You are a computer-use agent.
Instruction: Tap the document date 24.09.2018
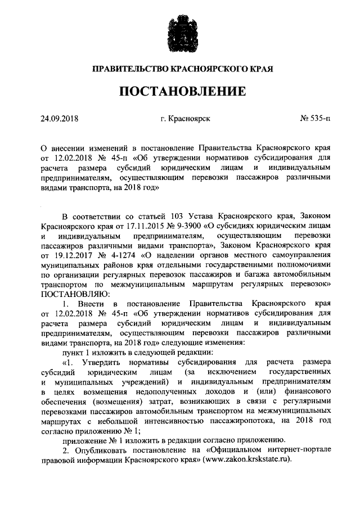(x=59, y=119)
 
